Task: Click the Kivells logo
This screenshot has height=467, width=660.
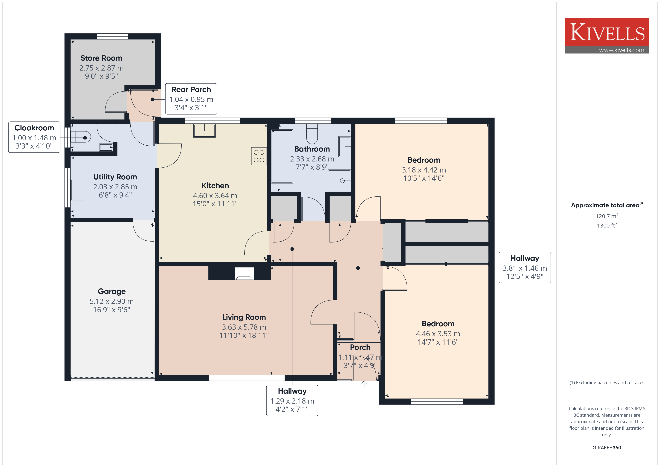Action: pyautogui.click(x=606, y=35)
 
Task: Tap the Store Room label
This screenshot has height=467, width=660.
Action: pyautogui.click(x=101, y=58)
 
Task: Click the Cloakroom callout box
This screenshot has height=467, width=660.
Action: pyautogui.click(x=34, y=137)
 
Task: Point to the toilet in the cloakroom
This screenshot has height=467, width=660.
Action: pyautogui.click(x=80, y=137)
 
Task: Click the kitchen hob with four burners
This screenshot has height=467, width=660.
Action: pyautogui.click(x=259, y=156)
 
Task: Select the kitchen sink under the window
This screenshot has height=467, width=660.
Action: pyautogui.click(x=204, y=131)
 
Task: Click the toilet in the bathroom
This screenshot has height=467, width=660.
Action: pyautogui.click(x=312, y=134)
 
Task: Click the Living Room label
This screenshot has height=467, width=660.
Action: pyautogui.click(x=244, y=317)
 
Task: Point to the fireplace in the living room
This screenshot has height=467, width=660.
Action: pyautogui.click(x=244, y=274)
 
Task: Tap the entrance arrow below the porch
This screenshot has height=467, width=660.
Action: pyautogui.click(x=364, y=384)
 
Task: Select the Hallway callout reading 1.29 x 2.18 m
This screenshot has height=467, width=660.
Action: pyautogui.click(x=292, y=400)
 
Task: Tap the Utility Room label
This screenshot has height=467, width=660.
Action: pyautogui.click(x=115, y=177)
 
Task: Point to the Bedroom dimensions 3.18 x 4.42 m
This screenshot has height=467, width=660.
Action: pyautogui.click(x=424, y=170)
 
